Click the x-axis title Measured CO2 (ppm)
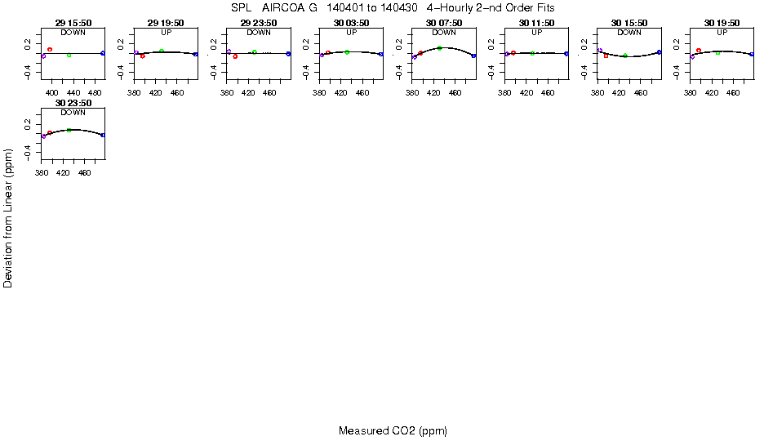(x=393, y=430)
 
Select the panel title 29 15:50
(x=73, y=24)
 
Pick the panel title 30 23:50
(x=73, y=103)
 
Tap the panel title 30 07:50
(x=444, y=24)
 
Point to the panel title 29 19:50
(x=166, y=24)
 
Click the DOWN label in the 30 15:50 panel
(x=629, y=33)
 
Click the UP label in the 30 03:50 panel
(x=351, y=33)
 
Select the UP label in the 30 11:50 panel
(x=536, y=33)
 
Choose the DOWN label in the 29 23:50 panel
(x=259, y=33)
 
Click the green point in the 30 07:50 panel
(x=439, y=48)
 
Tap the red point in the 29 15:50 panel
(x=50, y=50)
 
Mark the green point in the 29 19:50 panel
(x=162, y=51)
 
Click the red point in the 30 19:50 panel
(x=699, y=51)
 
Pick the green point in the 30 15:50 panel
(x=624, y=56)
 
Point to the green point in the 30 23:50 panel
(x=69, y=130)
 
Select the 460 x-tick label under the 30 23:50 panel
(x=85, y=172)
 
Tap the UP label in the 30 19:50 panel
(x=722, y=33)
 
